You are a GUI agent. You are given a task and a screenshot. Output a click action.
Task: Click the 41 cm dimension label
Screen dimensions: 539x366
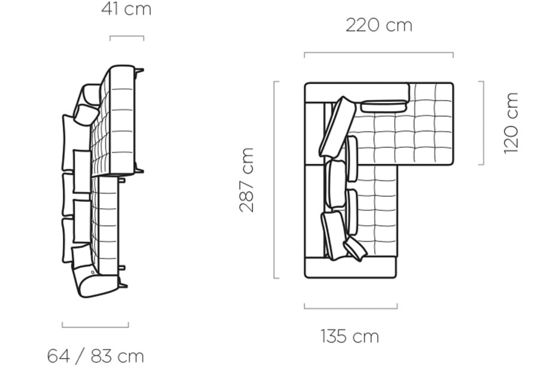tap(126, 9)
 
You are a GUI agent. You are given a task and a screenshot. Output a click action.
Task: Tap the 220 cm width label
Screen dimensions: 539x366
tap(379, 25)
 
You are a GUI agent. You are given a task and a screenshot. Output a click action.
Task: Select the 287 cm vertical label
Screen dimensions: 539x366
tap(247, 180)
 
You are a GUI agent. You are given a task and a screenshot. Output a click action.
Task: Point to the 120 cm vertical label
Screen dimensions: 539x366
tap(511, 123)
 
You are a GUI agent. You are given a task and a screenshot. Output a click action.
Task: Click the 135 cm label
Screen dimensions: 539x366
tap(350, 336)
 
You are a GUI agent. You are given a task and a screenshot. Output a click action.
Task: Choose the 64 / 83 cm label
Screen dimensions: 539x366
tap(96, 356)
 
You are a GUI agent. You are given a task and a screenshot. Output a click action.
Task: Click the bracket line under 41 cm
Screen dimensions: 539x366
tap(127, 36)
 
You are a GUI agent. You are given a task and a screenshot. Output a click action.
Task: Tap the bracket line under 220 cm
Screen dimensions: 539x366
tap(379, 53)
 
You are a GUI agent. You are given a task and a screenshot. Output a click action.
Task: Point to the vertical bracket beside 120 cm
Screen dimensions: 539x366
tap(483, 123)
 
